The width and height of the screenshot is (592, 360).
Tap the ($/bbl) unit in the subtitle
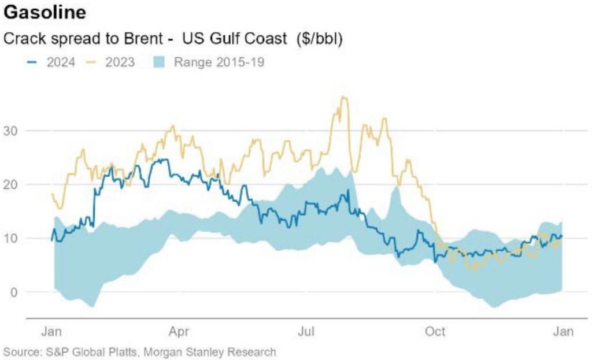coord(319,40)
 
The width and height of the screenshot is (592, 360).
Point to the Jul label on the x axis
coord(306,332)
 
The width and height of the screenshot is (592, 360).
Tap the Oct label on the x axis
coord(435,332)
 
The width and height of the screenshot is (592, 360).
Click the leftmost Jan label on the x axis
coord(52,332)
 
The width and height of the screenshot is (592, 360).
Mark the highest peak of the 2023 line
coord(343,97)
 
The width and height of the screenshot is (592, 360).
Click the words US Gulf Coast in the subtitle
coord(234,40)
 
